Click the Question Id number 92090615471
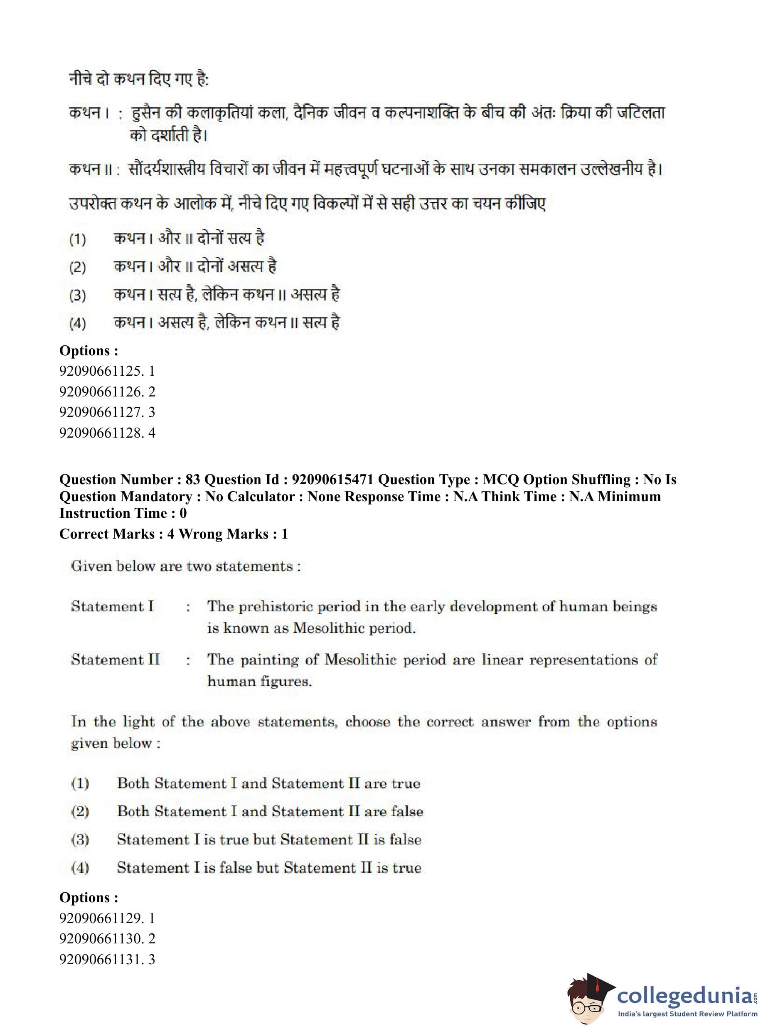332,480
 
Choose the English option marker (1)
80,783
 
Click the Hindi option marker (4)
77,323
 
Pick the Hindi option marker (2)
77,267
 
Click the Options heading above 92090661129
89,897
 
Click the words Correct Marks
107,534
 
